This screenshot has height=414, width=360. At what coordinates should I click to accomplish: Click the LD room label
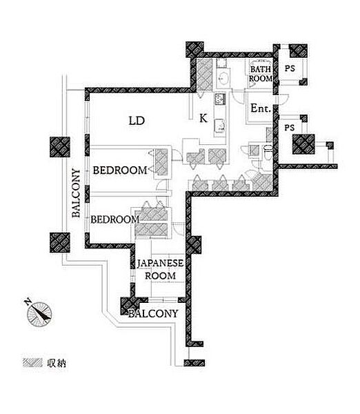click(137, 121)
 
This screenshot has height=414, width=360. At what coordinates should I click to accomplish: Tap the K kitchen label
click(203, 118)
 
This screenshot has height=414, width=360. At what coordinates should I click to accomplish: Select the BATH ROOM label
click(261, 74)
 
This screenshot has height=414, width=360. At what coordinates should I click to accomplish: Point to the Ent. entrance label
click(261, 108)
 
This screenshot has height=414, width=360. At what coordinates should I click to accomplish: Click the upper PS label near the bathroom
click(290, 68)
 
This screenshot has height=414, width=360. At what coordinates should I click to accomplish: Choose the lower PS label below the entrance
click(289, 128)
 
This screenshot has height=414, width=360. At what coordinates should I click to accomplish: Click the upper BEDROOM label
click(120, 170)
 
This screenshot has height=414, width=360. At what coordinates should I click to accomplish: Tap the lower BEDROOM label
click(114, 219)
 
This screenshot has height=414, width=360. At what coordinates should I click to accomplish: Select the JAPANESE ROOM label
click(160, 269)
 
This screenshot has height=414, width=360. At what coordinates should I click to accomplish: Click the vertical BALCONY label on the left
click(76, 193)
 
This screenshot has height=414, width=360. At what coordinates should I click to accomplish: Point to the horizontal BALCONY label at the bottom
click(153, 314)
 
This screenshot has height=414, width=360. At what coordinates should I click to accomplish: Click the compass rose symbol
click(39, 314)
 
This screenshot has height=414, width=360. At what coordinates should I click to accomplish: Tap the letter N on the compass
click(27, 302)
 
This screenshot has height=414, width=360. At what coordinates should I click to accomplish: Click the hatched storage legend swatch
click(32, 363)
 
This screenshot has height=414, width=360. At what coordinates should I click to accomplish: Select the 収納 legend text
click(57, 364)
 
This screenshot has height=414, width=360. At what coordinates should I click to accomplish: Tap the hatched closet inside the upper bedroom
click(161, 162)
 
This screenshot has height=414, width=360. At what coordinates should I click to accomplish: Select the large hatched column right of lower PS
click(303, 144)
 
